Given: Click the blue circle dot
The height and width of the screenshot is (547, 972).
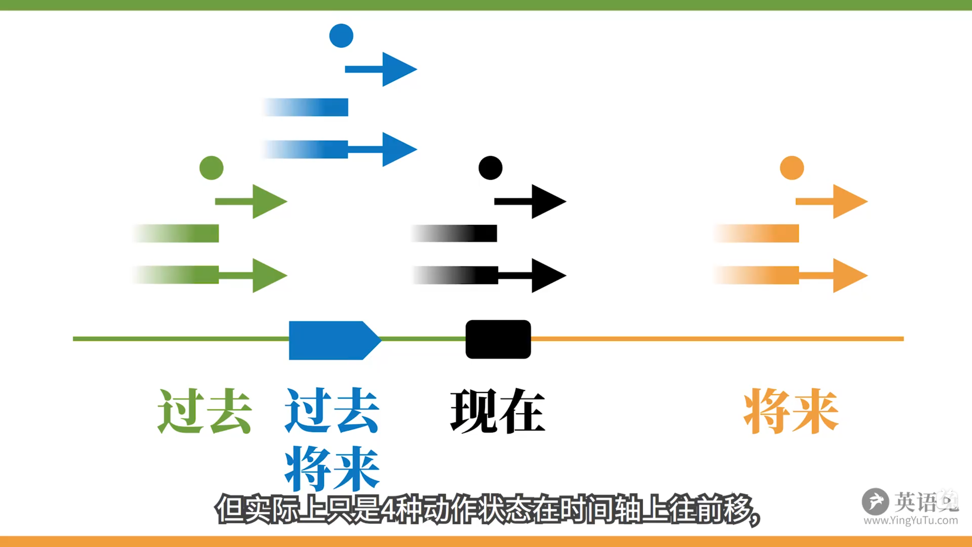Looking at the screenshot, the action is click(341, 36).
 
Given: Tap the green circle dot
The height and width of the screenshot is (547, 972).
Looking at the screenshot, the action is click(211, 168).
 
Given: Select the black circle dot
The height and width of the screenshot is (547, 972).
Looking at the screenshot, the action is click(490, 168).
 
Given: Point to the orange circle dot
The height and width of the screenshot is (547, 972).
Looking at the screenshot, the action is click(792, 168).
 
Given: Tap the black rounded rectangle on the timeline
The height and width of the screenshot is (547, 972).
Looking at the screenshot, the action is click(498, 339).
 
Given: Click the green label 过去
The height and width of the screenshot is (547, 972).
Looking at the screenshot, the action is click(205, 411).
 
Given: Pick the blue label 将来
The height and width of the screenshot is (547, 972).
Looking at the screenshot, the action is click(332, 468).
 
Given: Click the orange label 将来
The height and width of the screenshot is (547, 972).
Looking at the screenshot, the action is click(791, 411).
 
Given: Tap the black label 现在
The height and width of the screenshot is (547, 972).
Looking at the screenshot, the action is click(498, 411).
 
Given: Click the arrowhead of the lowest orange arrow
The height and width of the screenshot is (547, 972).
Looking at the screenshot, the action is click(849, 275).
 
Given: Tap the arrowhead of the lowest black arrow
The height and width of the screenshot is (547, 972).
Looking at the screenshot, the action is click(548, 275).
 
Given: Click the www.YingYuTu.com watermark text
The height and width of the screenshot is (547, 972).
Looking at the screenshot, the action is click(910, 520).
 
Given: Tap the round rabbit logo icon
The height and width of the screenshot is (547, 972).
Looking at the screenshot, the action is click(875, 501).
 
